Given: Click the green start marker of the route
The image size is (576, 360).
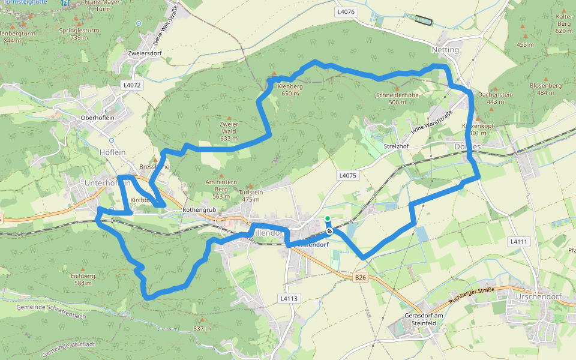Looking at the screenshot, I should [328, 219].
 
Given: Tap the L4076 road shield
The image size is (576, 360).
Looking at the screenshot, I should [346, 11].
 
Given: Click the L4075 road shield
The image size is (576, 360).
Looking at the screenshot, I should [347, 176].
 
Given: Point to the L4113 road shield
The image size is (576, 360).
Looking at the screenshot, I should [289, 298].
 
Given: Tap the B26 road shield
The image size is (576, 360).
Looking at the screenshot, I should [360, 278].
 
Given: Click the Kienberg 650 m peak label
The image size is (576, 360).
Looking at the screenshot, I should [290, 89].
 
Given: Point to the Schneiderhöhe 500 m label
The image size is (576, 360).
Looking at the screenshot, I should [397, 98].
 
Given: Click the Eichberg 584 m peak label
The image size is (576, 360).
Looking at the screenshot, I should [83, 279].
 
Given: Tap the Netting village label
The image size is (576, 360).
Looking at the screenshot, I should [445, 50].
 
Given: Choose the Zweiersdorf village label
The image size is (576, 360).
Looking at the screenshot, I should [145, 53].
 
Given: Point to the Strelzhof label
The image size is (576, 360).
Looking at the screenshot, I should [396, 146].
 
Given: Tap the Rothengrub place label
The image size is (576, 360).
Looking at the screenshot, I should [199, 211].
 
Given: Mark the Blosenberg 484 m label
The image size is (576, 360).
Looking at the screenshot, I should [545, 89].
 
